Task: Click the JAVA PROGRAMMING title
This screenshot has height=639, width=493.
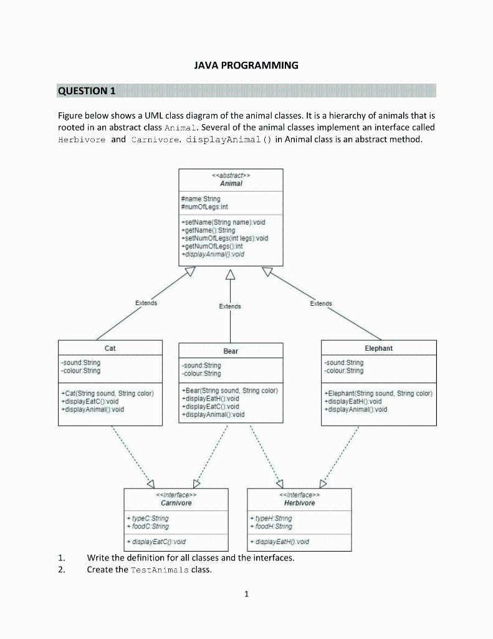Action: click(246, 65)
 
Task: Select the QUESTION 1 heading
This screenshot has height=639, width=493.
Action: click(87, 91)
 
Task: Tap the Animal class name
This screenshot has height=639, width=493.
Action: click(231, 183)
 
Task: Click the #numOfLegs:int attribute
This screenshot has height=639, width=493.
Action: click(204, 207)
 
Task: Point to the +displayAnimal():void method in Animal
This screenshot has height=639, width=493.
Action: click(213, 255)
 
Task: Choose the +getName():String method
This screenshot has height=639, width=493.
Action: click(208, 230)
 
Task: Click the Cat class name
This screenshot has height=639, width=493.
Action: click(110, 348)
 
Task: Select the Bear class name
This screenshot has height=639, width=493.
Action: click(231, 351)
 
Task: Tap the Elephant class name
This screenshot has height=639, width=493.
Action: click(378, 348)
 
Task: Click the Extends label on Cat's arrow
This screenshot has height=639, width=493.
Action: click(146, 303)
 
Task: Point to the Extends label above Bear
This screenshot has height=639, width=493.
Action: click(230, 306)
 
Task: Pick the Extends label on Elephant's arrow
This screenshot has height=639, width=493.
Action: click(321, 303)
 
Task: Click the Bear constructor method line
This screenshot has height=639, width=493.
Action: click(229, 391)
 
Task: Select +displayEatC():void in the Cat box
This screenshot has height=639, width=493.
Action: click(90, 401)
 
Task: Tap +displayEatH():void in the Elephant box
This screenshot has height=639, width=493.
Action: click(353, 401)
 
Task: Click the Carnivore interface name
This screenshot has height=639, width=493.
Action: click(176, 503)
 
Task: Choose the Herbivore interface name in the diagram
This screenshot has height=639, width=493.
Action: click(299, 503)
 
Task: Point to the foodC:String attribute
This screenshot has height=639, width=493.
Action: click(147, 526)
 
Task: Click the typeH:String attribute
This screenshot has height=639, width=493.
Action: click(270, 519)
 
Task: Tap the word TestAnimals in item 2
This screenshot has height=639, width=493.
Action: click(160, 570)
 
